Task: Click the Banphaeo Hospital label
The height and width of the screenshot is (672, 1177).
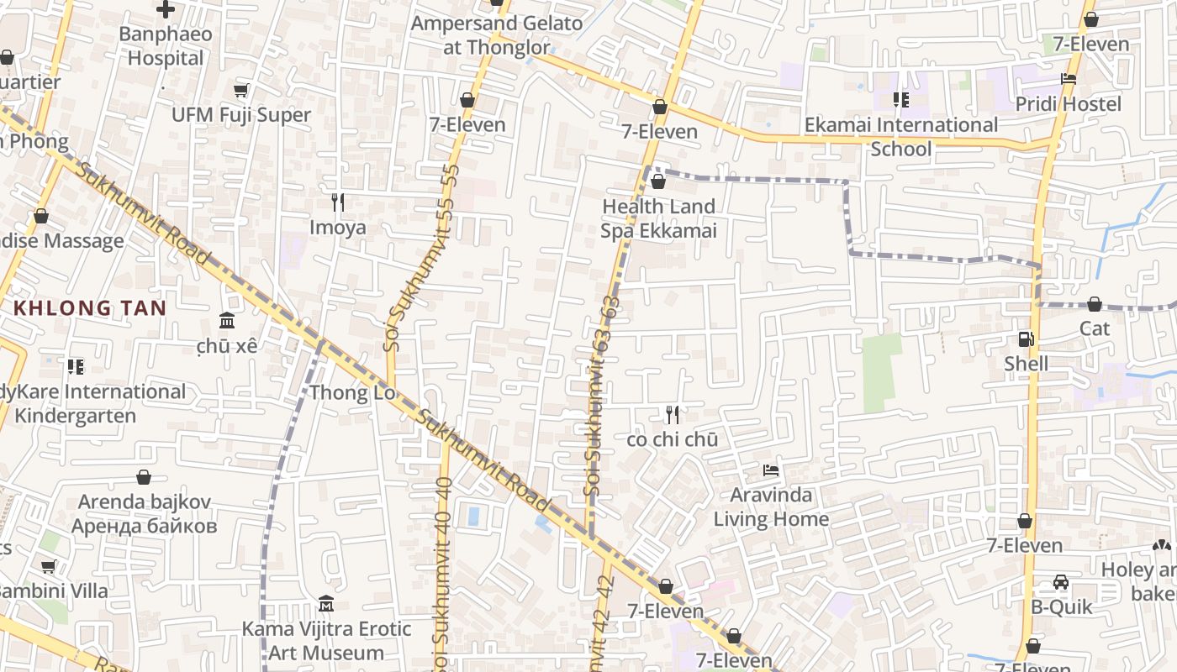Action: tap(166, 46)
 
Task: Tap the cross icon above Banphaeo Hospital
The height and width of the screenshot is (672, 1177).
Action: tap(166, 9)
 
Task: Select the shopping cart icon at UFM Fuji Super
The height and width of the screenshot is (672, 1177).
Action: tap(241, 90)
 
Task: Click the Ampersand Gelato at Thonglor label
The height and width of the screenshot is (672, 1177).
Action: tap(496, 35)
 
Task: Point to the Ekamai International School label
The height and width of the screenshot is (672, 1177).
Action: tap(901, 136)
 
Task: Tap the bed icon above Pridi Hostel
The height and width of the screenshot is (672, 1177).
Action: tap(1069, 79)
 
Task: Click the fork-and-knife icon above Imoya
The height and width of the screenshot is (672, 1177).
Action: tap(338, 202)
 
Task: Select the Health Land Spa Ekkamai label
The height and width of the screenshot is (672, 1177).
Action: tap(658, 218)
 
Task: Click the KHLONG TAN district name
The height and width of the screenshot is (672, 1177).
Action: tap(90, 307)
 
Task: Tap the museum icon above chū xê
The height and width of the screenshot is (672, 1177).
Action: tap(226, 321)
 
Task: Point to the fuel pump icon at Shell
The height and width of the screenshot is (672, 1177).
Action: tap(1026, 339)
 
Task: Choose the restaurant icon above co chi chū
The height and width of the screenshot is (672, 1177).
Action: tap(672, 414)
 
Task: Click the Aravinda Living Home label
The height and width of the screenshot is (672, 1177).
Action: tap(771, 507)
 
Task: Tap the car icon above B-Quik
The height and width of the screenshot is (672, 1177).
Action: tap(1061, 582)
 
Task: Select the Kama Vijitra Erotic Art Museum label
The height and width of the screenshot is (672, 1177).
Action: tap(326, 640)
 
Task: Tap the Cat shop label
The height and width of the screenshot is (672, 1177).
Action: tap(1095, 328)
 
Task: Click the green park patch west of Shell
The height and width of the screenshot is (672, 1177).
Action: tap(881, 372)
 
